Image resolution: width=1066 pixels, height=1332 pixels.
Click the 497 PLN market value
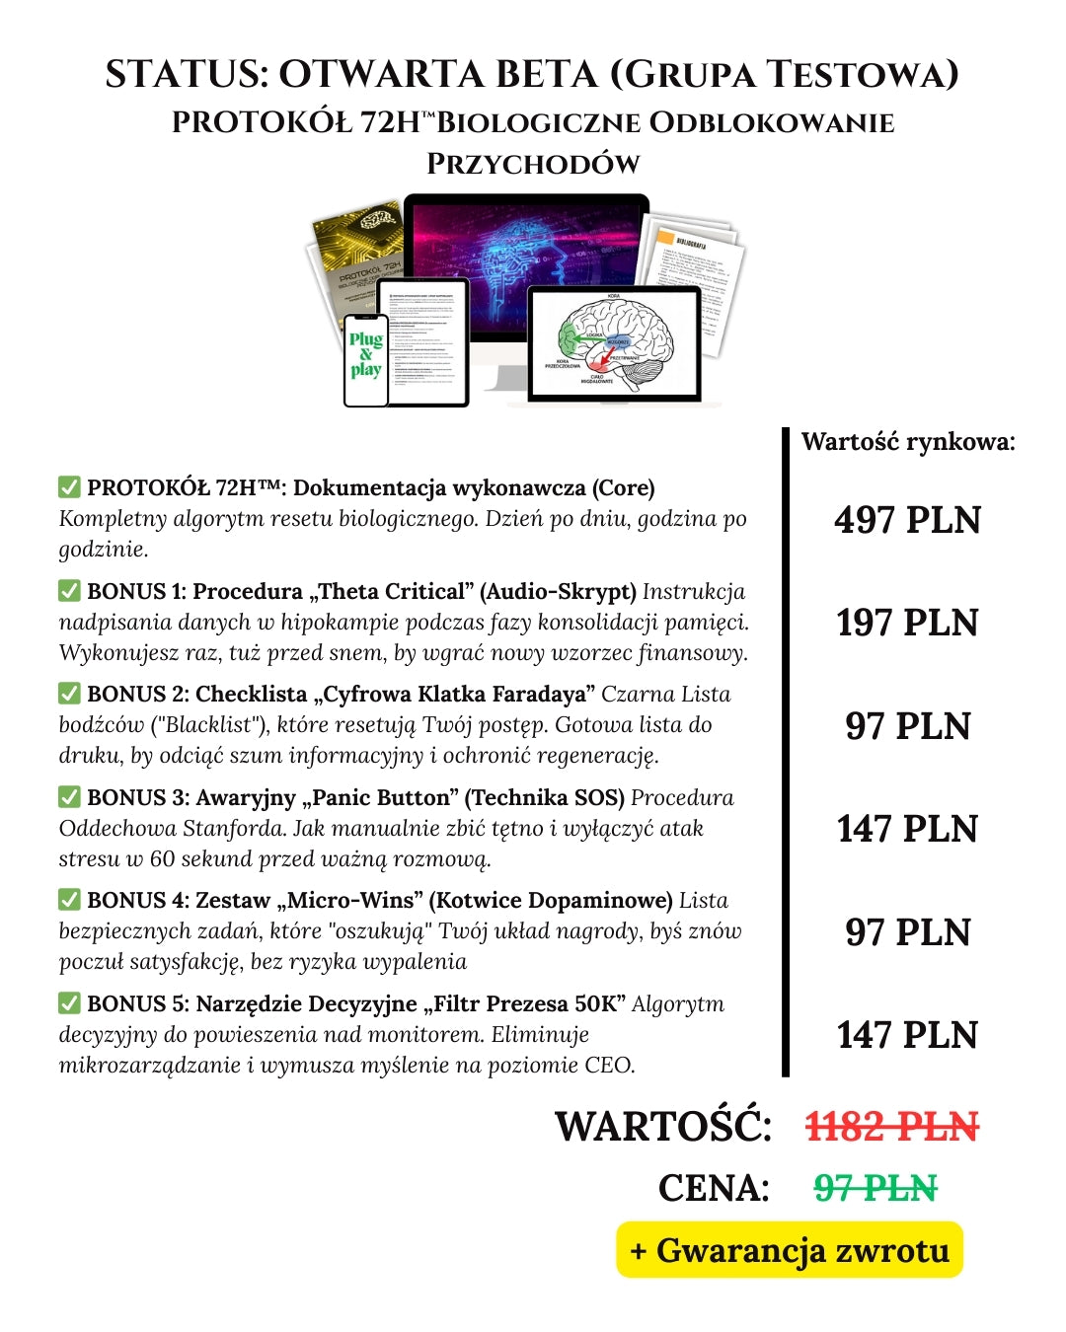point(907,520)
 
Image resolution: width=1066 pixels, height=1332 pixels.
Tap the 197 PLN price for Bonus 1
point(907,623)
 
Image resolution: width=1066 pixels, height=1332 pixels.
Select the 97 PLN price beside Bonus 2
point(907,726)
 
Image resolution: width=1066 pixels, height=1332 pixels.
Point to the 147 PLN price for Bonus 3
point(907,829)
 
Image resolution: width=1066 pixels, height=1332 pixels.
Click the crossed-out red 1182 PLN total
point(892,1127)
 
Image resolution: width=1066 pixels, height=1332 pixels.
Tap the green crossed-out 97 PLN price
point(876,1187)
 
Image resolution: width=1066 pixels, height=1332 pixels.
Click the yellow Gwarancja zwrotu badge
point(790,1250)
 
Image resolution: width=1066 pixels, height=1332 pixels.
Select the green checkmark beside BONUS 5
point(69,1003)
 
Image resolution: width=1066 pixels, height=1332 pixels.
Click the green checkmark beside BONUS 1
point(69,591)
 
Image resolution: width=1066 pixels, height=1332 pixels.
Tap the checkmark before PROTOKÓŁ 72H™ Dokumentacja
point(69,487)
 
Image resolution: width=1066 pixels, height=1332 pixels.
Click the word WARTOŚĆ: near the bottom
point(663,1127)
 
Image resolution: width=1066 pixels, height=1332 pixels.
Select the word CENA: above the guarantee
point(714,1187)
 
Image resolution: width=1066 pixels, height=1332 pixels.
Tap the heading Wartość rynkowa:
point(908,441)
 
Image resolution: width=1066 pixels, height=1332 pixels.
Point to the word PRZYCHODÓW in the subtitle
point(533,164)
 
